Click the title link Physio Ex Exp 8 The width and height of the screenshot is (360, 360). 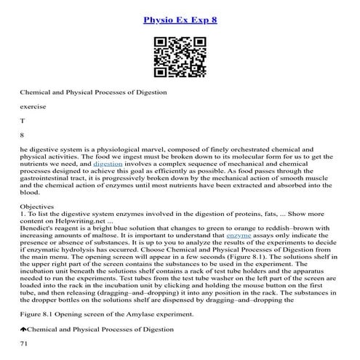180,19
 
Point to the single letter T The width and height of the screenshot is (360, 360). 23,121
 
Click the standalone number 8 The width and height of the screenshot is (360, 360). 23,135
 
